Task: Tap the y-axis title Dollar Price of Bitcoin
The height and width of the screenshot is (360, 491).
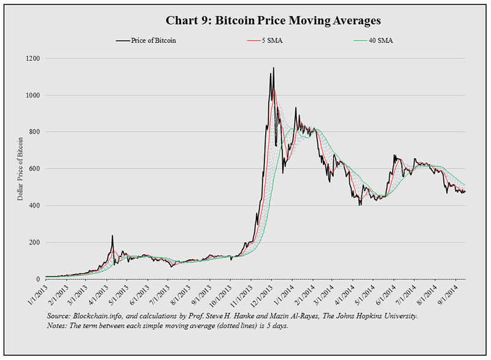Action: (x=20, y=168)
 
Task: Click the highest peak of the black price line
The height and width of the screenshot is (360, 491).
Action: (x=271, y=74)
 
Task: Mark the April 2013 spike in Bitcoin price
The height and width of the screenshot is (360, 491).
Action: (x=112, y=236)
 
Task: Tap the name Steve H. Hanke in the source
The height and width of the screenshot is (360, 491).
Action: (x=222, y=316)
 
